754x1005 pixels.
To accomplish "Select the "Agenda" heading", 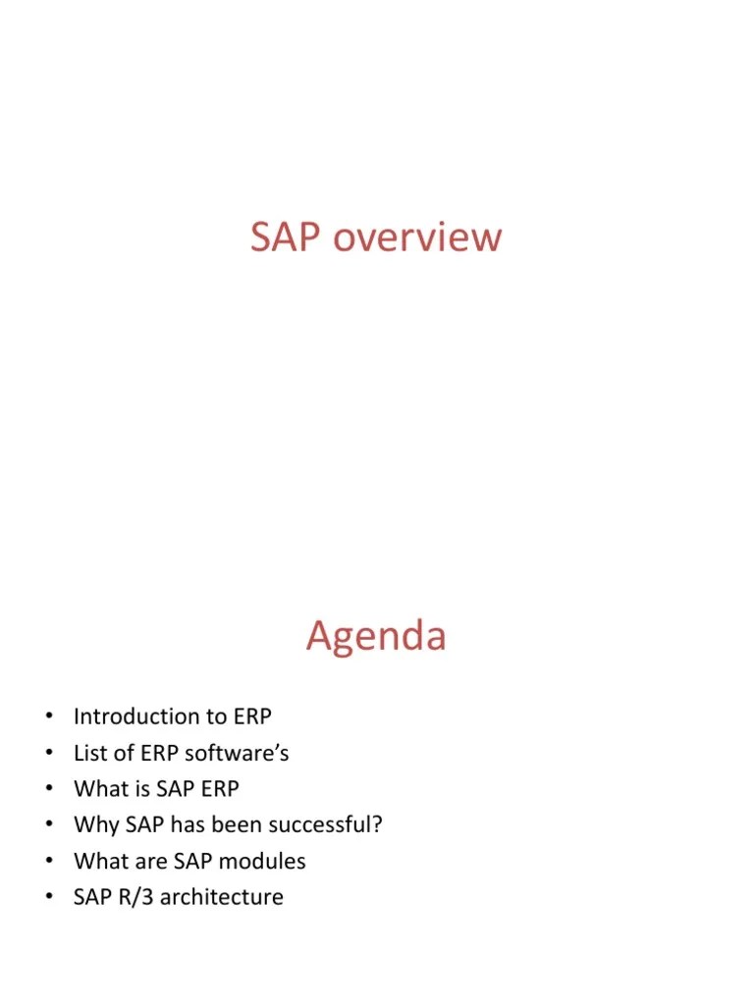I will point(376,636).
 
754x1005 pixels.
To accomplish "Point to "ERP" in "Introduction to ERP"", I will point(252,716).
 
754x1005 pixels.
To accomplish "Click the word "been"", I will point(247,824).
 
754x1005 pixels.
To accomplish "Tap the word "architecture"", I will point(221,897).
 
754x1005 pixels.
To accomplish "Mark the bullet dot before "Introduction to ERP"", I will point(46,716).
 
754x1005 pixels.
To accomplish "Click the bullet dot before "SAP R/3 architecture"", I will point(46,897).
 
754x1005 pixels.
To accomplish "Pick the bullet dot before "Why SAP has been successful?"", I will point(46,824).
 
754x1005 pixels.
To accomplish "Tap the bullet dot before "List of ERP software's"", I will point(46,753).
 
